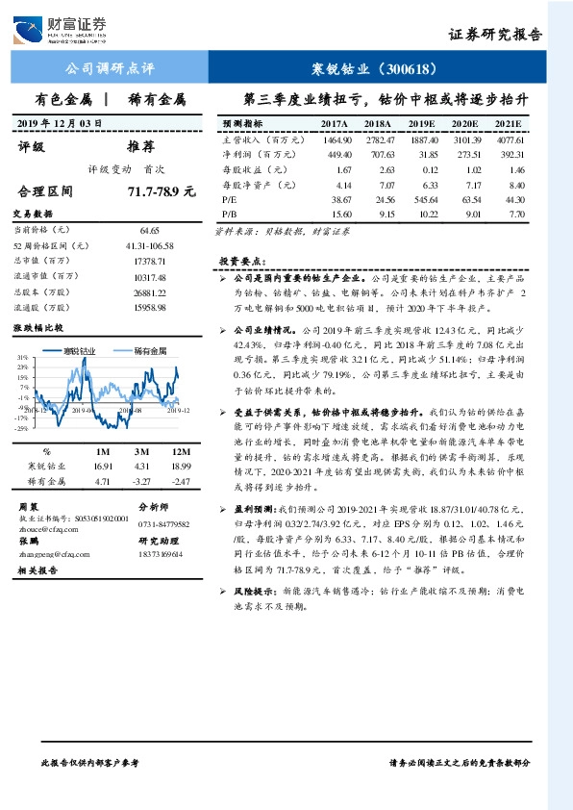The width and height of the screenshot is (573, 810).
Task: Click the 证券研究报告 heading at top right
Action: (495, 35)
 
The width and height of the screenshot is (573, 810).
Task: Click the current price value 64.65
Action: (149, 232)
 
